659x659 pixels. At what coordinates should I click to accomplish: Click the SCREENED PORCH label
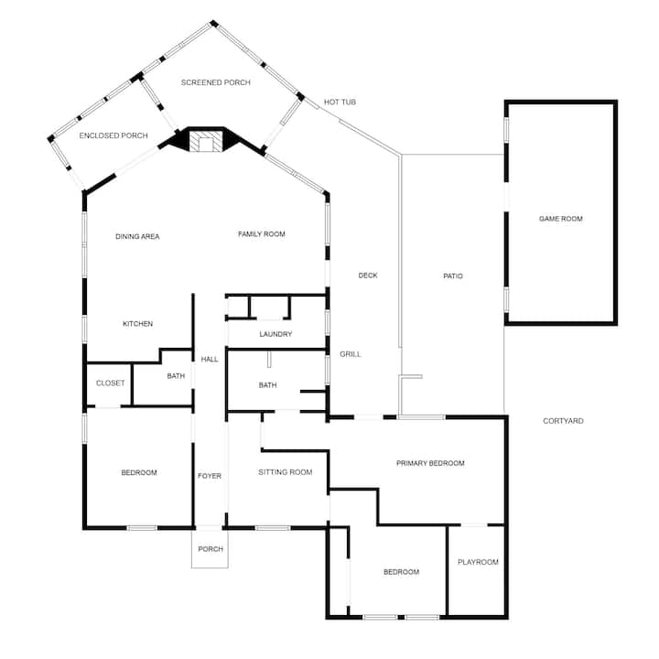pyautogui.click(x=216, y=82)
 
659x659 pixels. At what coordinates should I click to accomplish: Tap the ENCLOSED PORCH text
pyautogui.click(x=113, y=135)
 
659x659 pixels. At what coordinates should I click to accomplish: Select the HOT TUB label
pyautogui.click(x=340, y=103)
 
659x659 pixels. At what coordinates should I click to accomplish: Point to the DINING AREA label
pyautogui.click(x=137, y=237)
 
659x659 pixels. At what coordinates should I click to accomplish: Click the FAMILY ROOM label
pyautogui.click(x=262, y=234)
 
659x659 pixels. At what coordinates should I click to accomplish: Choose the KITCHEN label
pyautogui.click(x=137, y=324)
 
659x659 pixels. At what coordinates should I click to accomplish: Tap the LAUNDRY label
pyautogui.click(x=275, y=334)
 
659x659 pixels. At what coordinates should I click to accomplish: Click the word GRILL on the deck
pyautogui.click(x=350, y=354)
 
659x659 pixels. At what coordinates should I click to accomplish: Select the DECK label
pyautogui.click(x=368, y=275)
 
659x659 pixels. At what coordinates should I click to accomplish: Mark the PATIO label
pyautogui.click(x=453, y=276)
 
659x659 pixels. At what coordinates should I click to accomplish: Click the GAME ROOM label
pyautogui.click(x=561, y=219)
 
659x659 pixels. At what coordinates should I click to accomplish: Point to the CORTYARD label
pyautogui.click(x=563, y=421)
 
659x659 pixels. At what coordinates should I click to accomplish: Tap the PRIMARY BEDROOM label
pyautogui.click(x=430, y=463)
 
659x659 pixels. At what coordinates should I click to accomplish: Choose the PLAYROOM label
pyautogui.click(x=478, y=562)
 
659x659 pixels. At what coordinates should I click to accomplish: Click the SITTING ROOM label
pyautogui.click(x=286, y=472)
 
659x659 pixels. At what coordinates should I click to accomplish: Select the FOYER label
pyautogui.click(x=210, y=476)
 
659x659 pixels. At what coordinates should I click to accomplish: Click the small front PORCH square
pyautogui.click(x=210, y=550)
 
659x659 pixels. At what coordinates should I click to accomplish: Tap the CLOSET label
pyautogui.click(x=110, y=383)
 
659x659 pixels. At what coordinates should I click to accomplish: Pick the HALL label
pyautogui.click(x=210, y=360)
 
